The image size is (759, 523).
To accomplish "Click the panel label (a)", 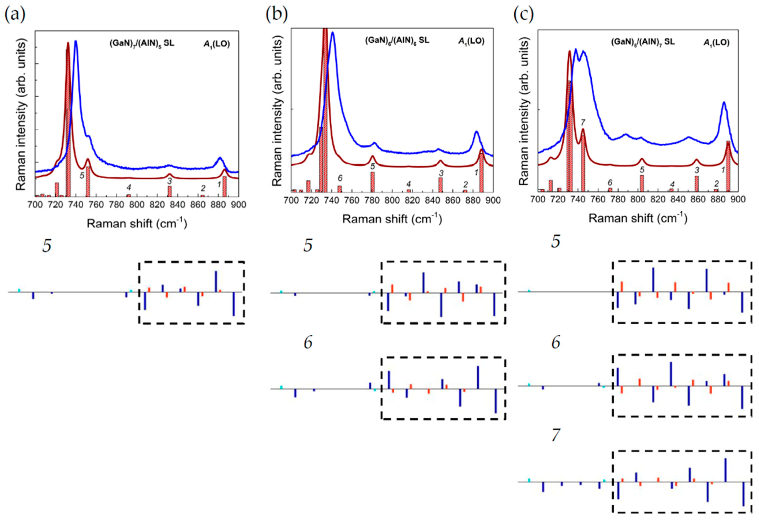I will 15,14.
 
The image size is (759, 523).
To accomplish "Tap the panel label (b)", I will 276,14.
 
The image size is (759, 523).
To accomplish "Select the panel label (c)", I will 523,14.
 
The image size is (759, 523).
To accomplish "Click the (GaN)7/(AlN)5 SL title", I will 142,44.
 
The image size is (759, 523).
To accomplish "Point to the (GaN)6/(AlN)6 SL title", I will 397,41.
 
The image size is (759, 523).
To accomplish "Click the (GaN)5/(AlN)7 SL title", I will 643,42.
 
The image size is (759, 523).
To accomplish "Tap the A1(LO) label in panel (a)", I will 217,44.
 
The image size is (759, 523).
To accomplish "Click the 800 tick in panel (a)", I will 137,205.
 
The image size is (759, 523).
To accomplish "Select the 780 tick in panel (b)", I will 372,200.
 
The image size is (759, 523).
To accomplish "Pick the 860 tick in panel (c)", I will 698,199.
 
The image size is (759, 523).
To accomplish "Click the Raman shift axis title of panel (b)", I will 392,219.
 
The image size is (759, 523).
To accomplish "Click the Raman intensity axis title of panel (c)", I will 523,111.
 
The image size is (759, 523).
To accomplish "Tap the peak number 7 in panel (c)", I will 583,122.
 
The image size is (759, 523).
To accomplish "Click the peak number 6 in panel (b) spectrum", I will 340,178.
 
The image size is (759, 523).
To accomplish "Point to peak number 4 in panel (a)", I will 129,188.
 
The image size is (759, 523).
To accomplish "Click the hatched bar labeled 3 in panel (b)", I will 441,185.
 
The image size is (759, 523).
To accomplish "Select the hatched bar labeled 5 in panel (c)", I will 642,183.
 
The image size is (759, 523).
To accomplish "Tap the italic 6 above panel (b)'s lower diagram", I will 308,343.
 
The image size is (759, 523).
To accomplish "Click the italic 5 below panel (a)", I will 47,246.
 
